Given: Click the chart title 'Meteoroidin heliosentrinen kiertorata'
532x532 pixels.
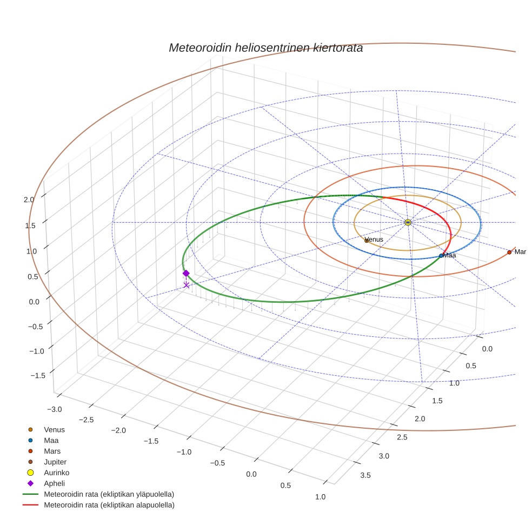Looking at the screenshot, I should coord(265,48).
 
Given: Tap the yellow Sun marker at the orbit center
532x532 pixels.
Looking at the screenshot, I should coord(408,222).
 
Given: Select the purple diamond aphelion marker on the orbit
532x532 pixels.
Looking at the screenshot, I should coord(186,273).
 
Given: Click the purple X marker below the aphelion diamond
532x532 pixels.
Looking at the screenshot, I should coord(187,285).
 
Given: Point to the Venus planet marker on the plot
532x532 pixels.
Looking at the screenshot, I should coord(367,241).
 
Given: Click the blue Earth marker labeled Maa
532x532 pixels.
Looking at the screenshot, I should coord(441,256).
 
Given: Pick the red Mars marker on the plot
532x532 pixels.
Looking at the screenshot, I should coord(509,252).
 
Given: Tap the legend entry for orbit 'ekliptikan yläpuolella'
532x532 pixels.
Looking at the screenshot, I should coord(109,494).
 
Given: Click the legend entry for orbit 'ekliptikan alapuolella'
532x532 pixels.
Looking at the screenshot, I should coord(109,506).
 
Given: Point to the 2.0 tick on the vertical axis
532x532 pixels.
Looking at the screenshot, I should coord(29,199).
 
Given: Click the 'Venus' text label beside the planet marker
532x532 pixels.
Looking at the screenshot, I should coord(375,240).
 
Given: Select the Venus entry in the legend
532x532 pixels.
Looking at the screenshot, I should coord(54,429).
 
